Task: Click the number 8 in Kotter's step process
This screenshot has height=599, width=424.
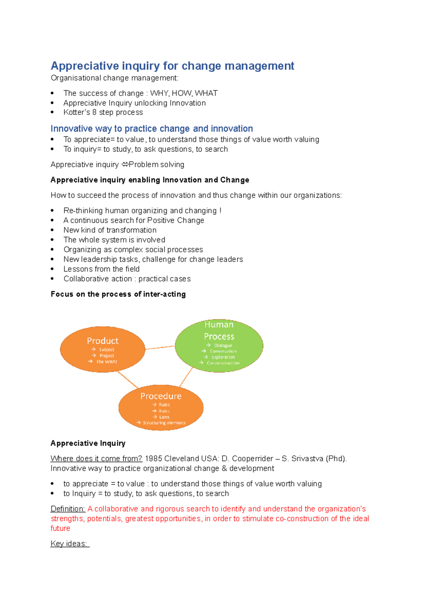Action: pos(94,113)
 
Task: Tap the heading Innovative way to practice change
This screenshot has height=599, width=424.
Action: pos(152,129)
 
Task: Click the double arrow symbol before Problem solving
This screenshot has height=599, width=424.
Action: pos(125,165)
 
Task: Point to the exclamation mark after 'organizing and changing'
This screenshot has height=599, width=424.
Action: pos(220,211)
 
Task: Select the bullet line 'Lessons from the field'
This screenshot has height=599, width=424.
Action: pos(101,269)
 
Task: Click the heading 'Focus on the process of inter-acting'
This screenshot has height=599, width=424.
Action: pos(118,294)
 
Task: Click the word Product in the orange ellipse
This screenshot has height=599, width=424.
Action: pos(102,341)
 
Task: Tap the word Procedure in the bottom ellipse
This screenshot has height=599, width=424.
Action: pos(161,396)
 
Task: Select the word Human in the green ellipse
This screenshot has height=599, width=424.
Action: pos(219,325)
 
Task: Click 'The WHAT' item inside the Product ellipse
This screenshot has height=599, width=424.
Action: pos(106,362)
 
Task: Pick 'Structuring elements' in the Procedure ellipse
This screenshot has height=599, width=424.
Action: pos(164,423)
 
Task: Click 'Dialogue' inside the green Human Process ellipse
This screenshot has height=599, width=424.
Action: pos(223,346)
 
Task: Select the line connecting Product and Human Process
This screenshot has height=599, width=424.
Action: pos(160,348)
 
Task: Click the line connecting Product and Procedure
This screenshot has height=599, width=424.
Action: pos(128,380)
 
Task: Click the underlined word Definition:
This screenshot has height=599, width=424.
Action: pos(68,509)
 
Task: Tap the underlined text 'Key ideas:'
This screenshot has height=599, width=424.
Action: pos(69,544)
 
